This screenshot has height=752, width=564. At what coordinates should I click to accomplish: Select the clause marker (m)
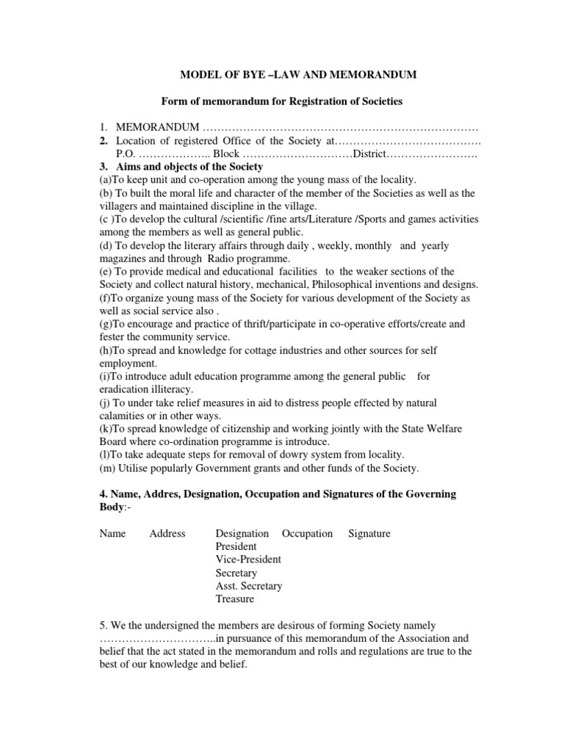tap(107, 468)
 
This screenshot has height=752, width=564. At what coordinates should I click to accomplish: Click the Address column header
tap(167, 533)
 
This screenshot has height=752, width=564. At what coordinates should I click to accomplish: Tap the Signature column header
tap(369, 533)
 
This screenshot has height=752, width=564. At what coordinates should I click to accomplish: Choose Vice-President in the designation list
tap(247, 560)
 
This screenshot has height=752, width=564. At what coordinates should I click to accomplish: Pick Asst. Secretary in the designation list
tap(248, 586)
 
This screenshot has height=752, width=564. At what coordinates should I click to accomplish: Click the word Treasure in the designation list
tap(235, 599)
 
